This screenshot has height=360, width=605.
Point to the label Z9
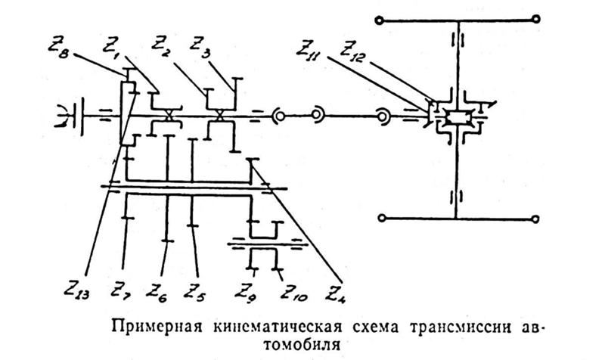point(246,289)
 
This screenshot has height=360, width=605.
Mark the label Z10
point(289,290)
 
